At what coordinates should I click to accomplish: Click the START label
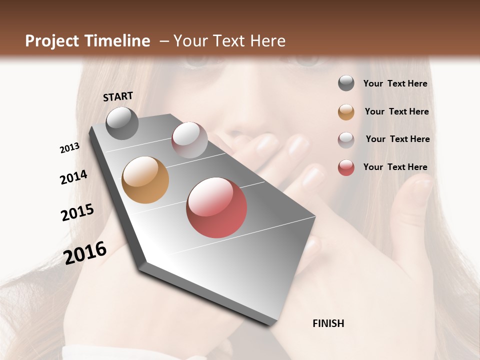click(118, 96)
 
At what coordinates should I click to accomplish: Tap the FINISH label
click(328, 323)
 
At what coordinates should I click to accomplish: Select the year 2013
click(69, 148)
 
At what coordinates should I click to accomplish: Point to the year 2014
click(73, 177)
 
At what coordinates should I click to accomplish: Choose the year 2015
click(77, 212)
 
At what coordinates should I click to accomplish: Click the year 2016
click(85, 252)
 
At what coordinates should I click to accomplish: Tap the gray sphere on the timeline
click(122, 123)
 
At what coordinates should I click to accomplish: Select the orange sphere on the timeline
click(145, 180)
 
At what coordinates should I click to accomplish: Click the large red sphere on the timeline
click(216, 207)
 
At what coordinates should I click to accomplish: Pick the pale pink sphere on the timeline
click(189, 140)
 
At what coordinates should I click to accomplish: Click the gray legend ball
click(346, 83)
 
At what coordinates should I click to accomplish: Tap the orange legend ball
click(346, 112)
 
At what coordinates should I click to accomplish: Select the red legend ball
click(346, 167)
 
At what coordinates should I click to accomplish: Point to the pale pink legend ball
click(346, 140)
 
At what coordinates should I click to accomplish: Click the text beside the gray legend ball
click(395, 84)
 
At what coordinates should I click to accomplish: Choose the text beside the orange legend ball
click(396, 111)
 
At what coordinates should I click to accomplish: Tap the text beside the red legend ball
click(395, 167)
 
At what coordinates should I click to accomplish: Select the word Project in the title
click(52, 41)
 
